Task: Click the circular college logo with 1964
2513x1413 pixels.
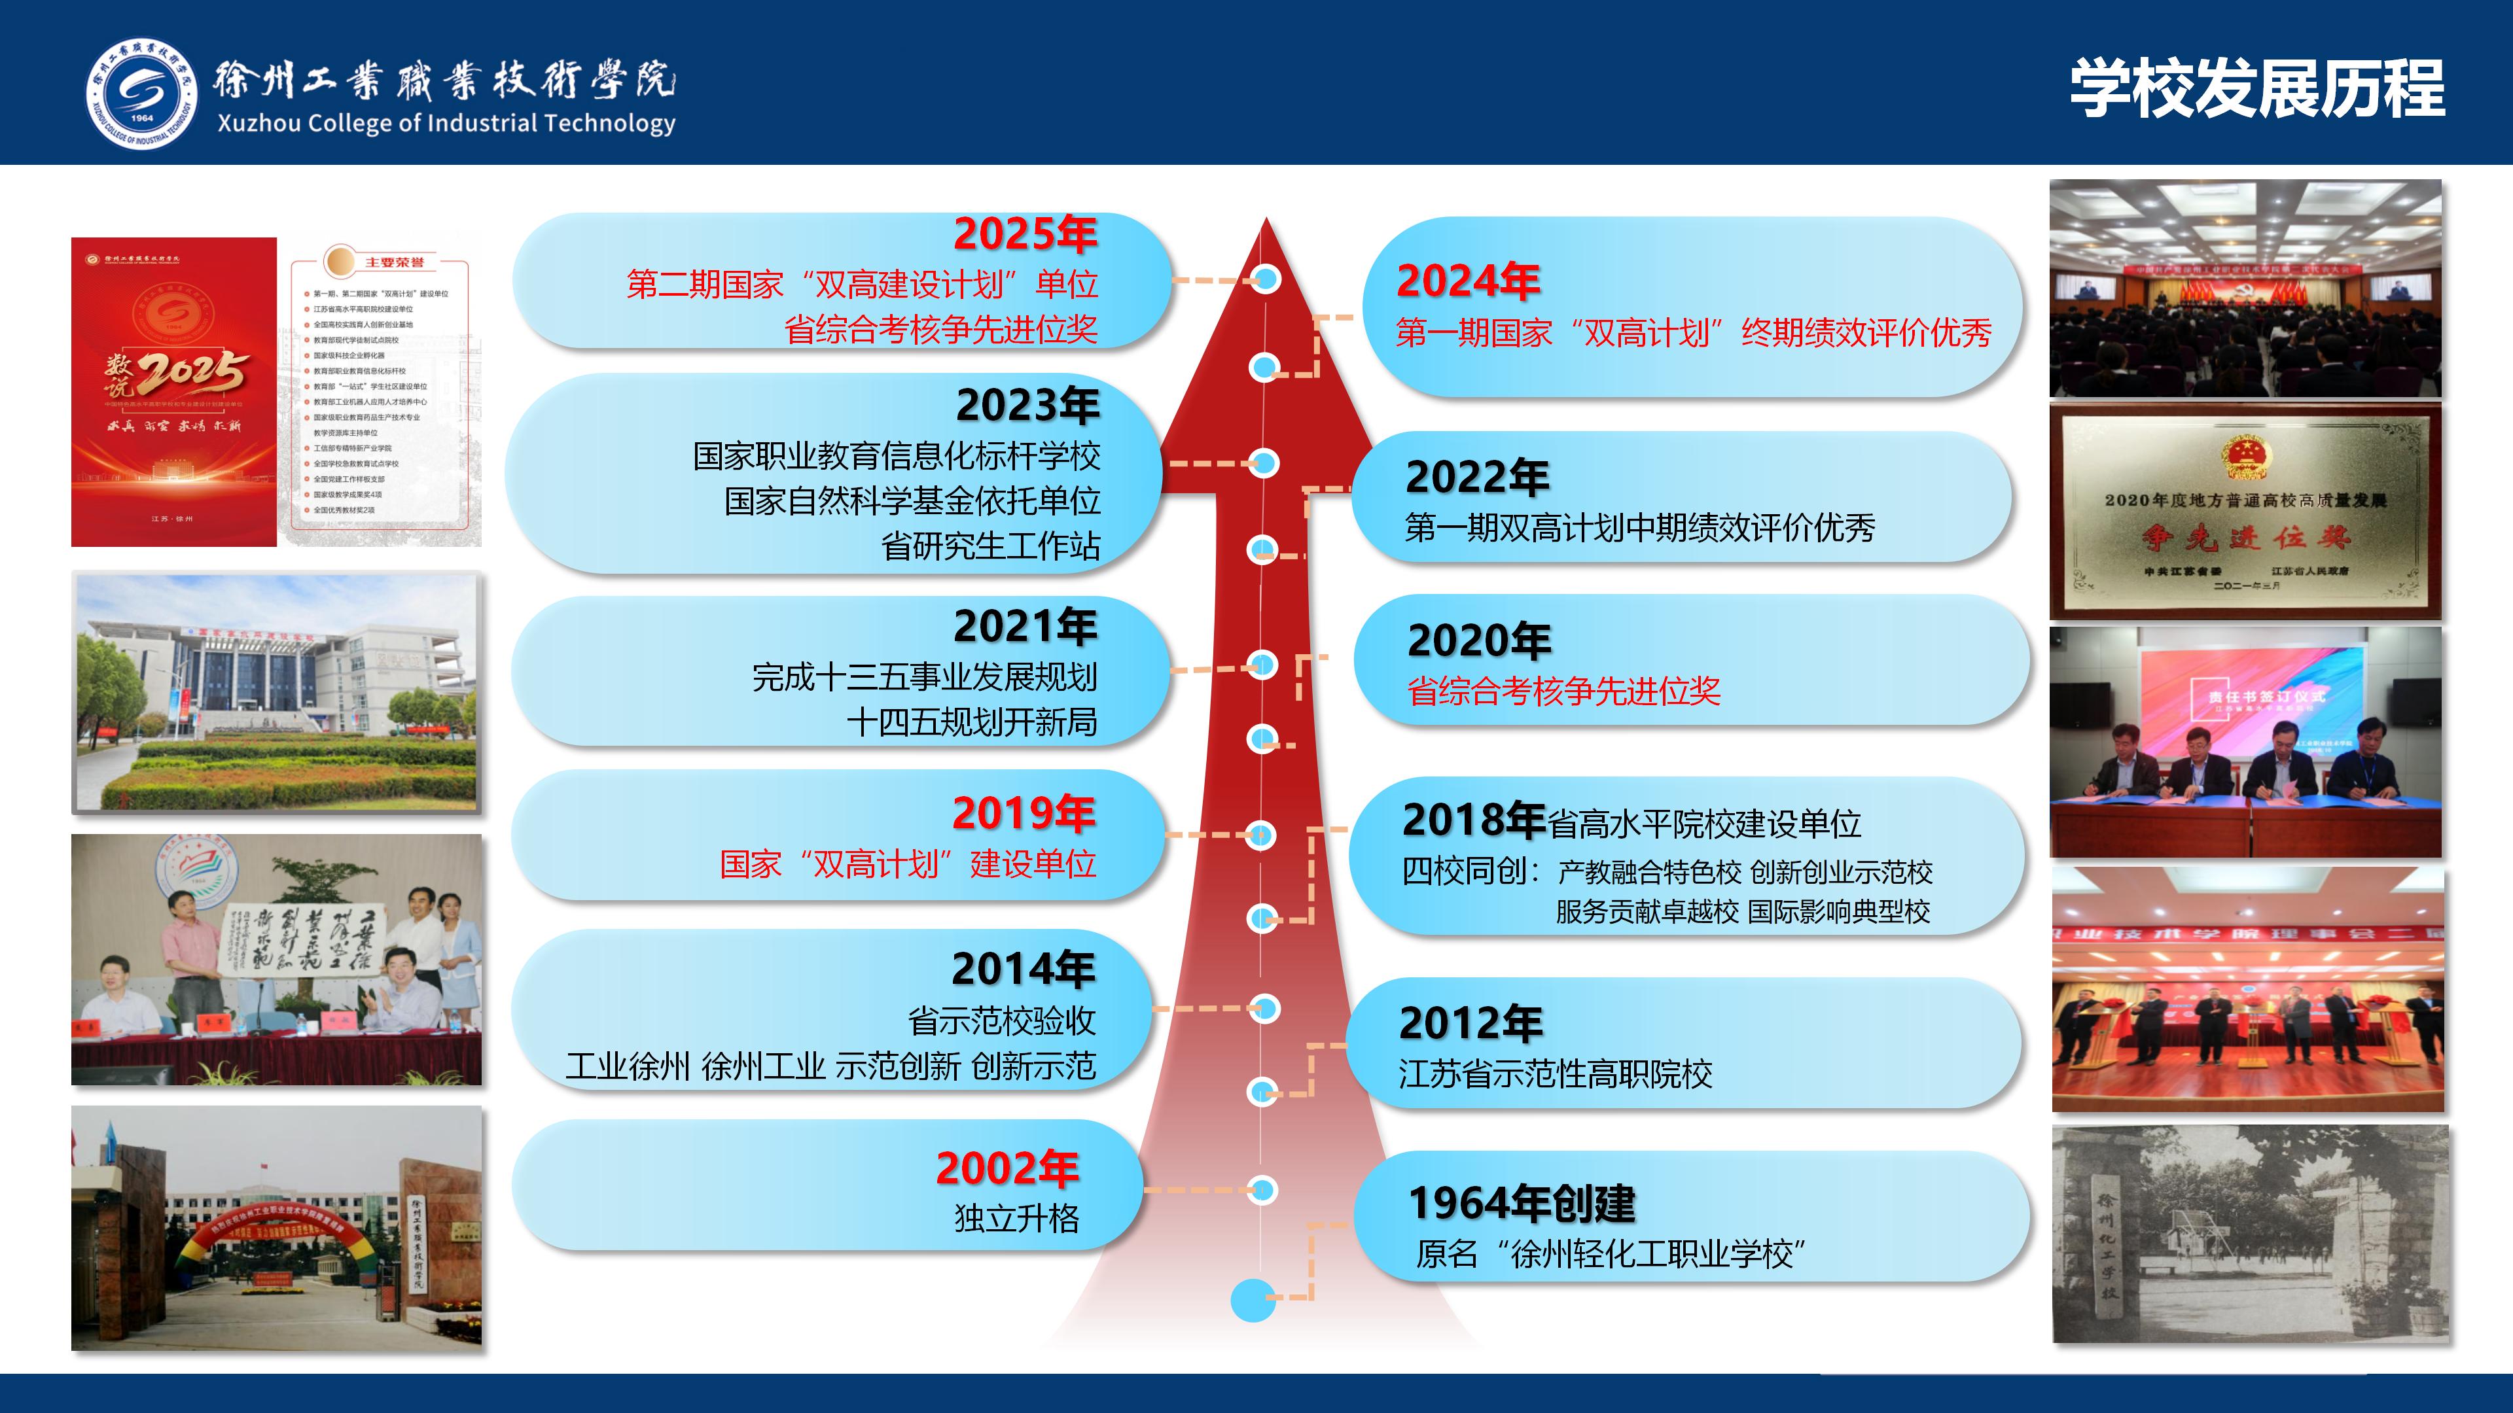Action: pos(141,95)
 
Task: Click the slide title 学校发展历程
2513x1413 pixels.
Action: pos(2256,89)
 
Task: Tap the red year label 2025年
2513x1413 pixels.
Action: pos(1024,234)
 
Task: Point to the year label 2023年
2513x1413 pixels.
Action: pos(1027,406)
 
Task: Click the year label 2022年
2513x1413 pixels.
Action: pos(1477,478)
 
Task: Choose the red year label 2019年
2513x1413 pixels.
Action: pos(1024,813)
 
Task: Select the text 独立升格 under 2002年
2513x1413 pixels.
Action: pos(1016,1219)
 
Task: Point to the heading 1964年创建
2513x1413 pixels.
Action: pos(1522,1204)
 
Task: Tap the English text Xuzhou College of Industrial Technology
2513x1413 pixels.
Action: pos(446,124)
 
